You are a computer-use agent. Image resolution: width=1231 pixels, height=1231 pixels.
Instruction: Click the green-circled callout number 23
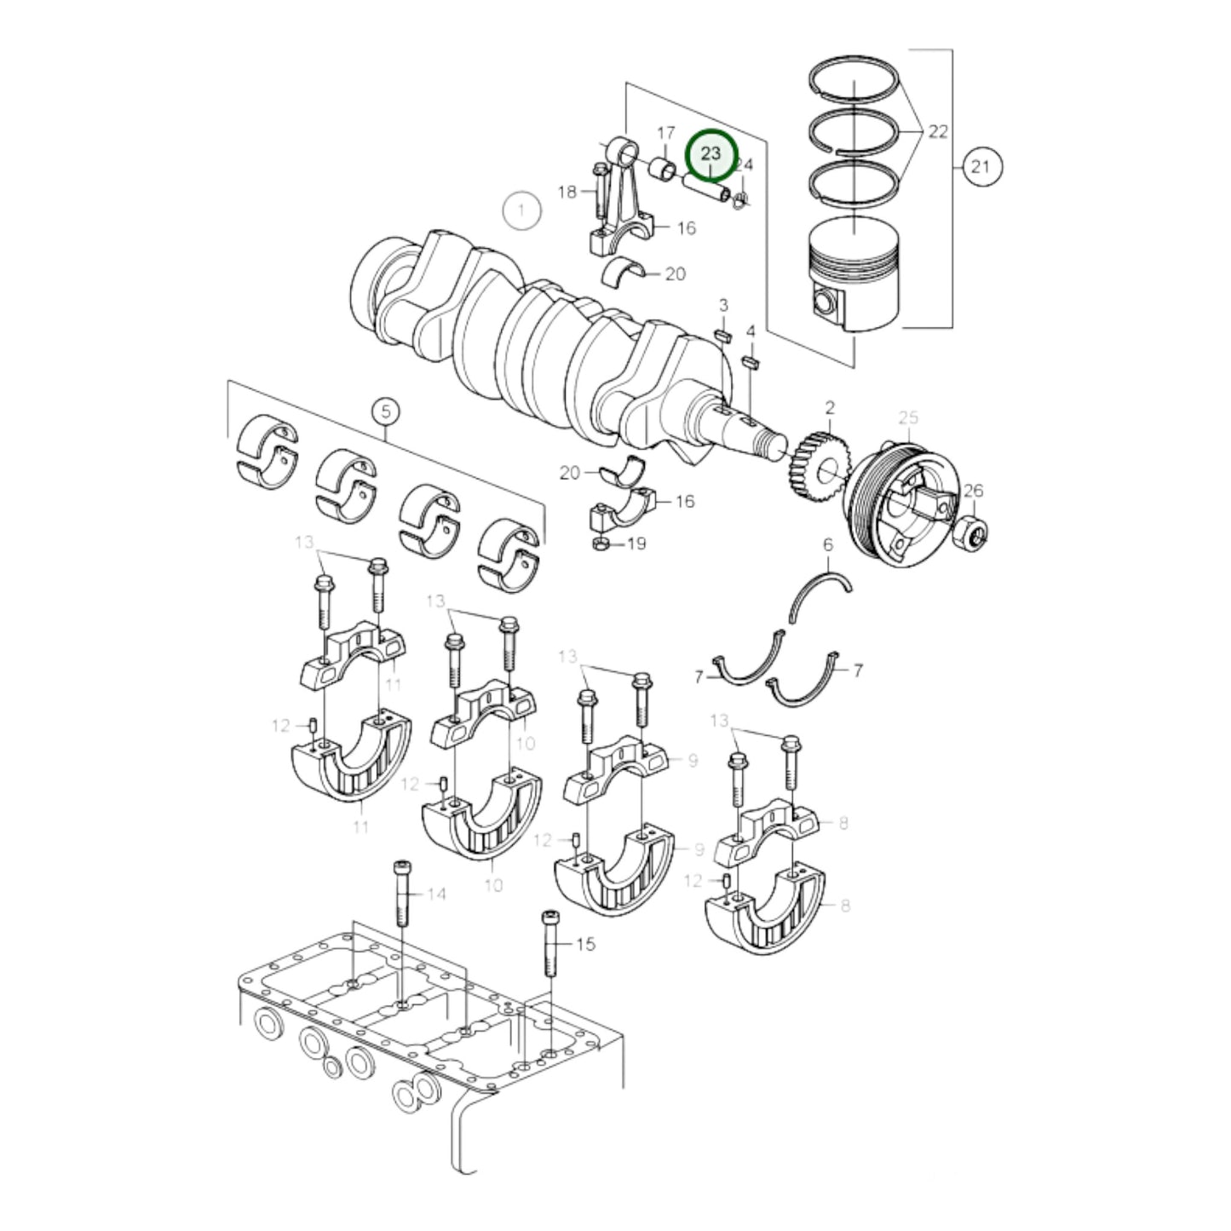pos(710,154)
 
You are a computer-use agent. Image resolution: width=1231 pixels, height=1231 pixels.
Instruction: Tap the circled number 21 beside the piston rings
pos(981,166)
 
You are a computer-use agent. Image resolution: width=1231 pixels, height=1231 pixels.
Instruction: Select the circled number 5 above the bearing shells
pos(385,412)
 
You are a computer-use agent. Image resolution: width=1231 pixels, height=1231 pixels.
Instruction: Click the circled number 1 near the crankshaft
pos(521,209)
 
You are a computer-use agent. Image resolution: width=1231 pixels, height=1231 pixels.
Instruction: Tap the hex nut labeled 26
pos(973,533)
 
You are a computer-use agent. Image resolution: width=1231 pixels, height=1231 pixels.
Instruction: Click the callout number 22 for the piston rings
pos(937,132)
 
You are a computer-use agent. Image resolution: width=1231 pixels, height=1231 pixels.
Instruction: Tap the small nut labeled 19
pos(600,543)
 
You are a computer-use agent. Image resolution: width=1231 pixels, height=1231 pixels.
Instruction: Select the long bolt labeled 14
pos(403,894)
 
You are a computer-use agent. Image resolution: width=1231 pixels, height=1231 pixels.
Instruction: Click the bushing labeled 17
pos(663,169)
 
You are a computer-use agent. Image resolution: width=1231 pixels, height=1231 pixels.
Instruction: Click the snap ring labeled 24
pos(741,198)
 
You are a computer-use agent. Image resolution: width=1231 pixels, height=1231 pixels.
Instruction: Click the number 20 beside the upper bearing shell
pos(675,274)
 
